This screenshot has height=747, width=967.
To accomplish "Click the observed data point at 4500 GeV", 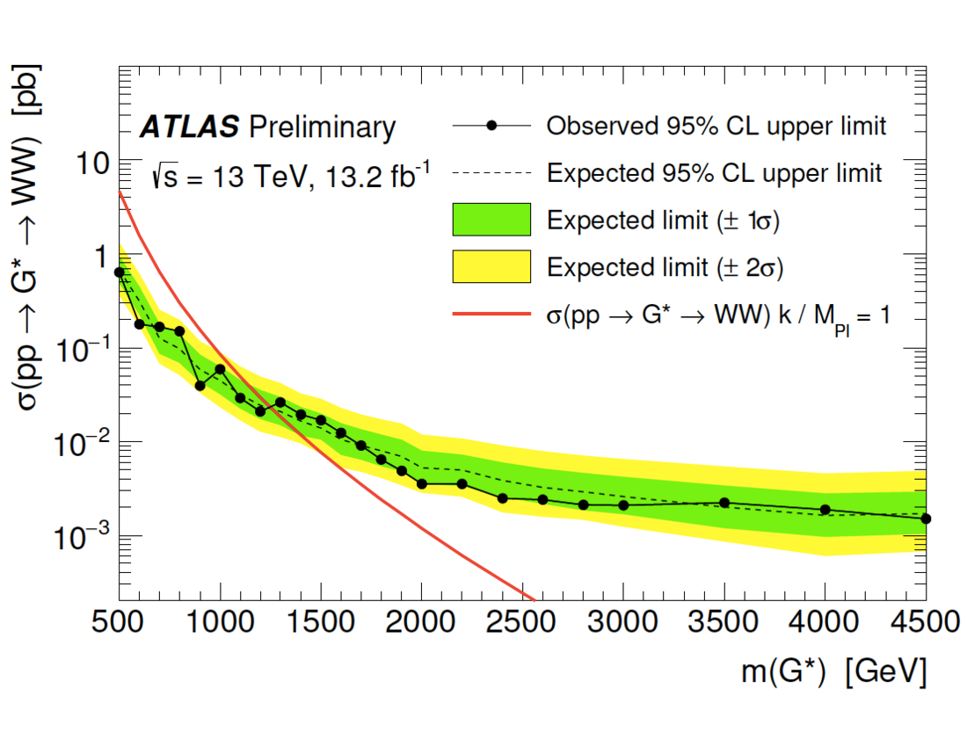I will [926, 519].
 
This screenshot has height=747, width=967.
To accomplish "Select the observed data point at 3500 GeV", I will [724, 503].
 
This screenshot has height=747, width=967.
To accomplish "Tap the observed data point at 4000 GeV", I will [825, 510].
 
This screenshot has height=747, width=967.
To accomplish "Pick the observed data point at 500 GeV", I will [120, 272].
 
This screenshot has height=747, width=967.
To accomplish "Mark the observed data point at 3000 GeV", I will [623, 504].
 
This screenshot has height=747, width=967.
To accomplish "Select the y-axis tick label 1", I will [100, 257].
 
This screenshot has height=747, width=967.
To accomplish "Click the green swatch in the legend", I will [491, 220].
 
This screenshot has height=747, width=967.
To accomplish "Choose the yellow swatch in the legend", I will [491, 266].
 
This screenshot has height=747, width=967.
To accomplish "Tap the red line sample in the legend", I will [491, 314].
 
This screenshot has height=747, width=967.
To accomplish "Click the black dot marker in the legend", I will [492, 127].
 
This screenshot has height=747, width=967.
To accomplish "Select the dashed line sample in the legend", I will [491, 173].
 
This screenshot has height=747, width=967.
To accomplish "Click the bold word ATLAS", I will [189, 128].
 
